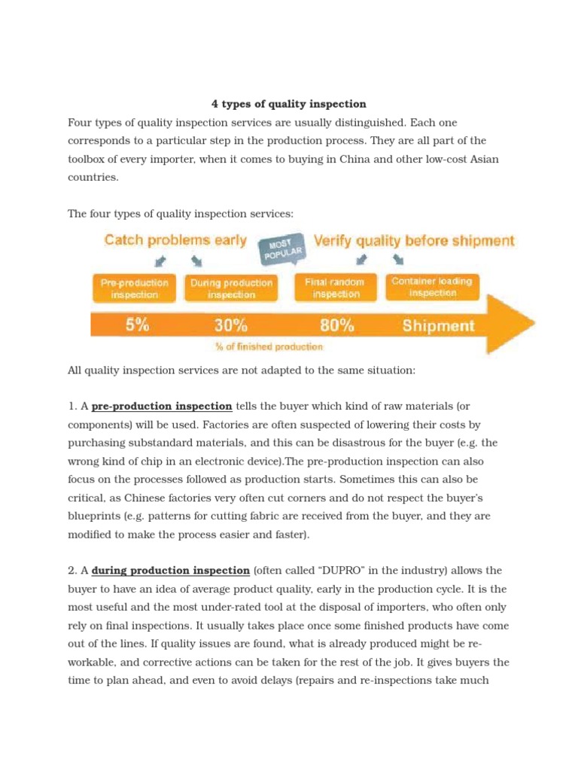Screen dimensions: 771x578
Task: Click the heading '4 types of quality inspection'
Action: pyautogui.click(x=288, y=104)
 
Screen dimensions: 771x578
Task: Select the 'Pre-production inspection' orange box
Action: pyautogui.click(x=135, y=288)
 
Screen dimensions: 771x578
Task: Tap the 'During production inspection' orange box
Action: pyautogui.click(x=231, y=288)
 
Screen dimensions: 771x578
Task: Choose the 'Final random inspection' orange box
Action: pyautogui.click(x=334, y=287)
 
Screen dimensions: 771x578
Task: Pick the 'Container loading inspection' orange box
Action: pyautogui.click(x=432, y=286)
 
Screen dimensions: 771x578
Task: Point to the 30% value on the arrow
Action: pyautogui.click(x=230, y=325)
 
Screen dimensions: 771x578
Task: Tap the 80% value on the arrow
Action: pyautogui.click(x=336, y=325)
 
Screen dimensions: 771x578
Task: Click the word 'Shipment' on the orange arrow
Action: pyautogui.click(x=438, y=325)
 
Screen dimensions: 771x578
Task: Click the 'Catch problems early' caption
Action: pyautogui.click(x=175, y=241)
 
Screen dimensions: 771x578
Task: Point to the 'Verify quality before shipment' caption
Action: pyautogui.click(x=414, y=241)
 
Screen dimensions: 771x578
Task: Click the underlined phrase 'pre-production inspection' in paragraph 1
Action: pyautogui.click(x=162, y=407)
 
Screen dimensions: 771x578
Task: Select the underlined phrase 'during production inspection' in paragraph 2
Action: pyautogui.click(x=170, y=570)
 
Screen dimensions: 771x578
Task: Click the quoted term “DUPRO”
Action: pyautogui.click(x=328, y=570)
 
